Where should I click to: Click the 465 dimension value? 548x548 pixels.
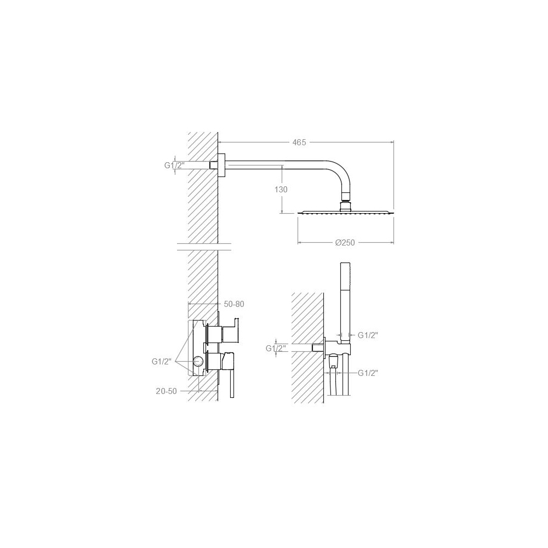coord(299,142)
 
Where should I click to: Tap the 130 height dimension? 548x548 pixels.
coord(281,190)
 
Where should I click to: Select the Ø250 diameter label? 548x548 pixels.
coord(345,243)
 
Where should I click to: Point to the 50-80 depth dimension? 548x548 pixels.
coord(234,304)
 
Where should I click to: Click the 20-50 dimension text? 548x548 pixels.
coord(167,391)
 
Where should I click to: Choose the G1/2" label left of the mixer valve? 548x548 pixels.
coord(162,362)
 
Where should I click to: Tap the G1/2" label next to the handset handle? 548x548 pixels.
coord(368,335)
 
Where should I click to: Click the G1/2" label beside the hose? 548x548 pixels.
coord(368,373)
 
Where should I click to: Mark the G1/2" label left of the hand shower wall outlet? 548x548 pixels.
coord(276,349)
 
